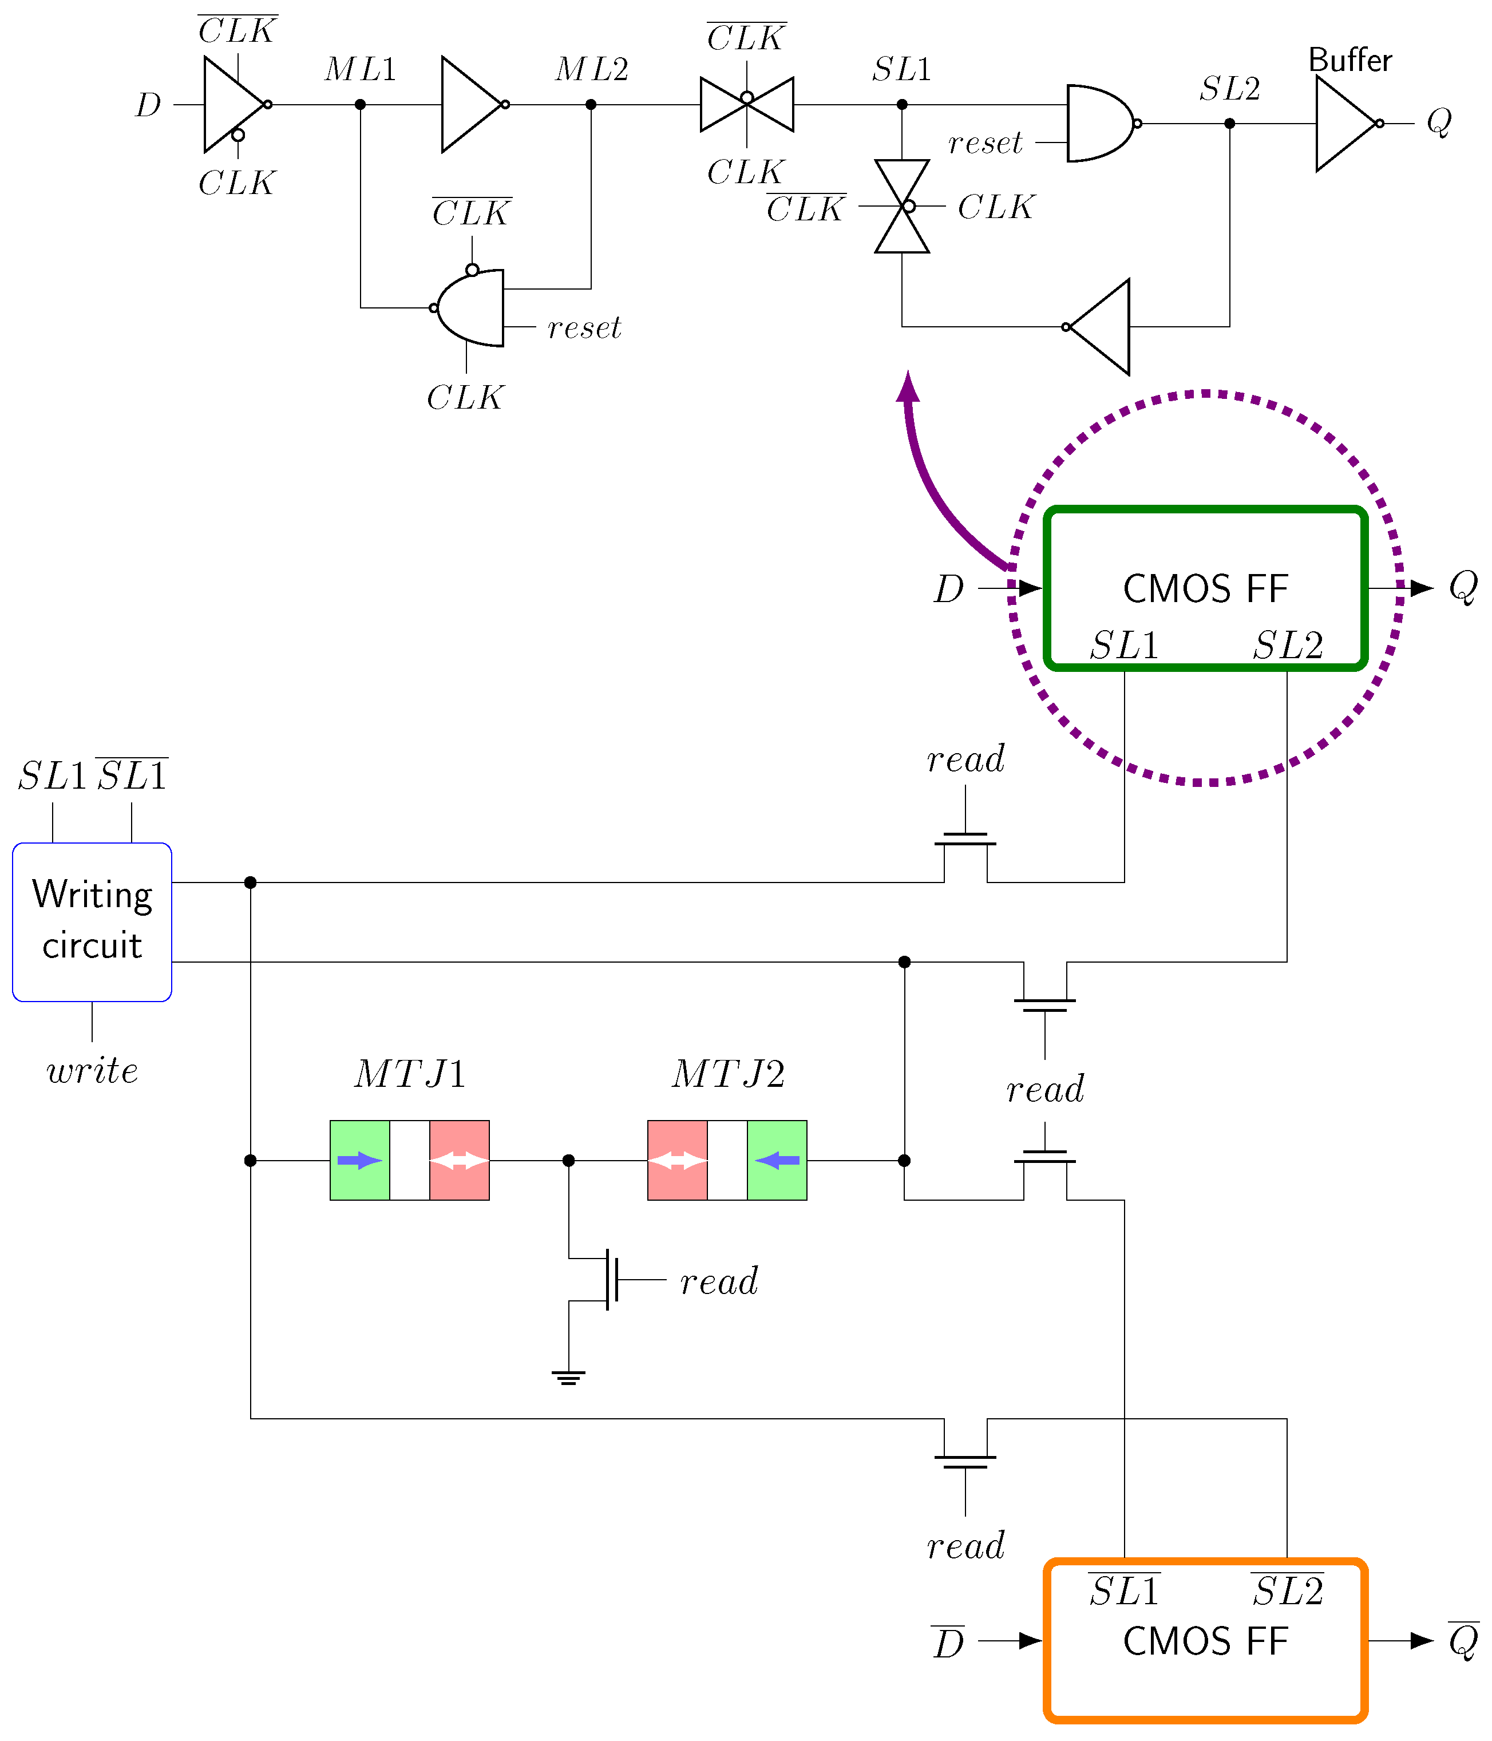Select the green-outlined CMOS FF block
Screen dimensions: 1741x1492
point(1205,588)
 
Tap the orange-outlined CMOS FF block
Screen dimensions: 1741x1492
point(1205,1640)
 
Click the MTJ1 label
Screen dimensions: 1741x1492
point(409,1074)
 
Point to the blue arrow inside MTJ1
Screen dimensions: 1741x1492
point(359,1161)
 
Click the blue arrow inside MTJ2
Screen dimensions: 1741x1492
point(777,1161)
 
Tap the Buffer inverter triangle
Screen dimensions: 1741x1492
point(1344,124)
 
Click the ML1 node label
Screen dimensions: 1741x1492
point(361,69)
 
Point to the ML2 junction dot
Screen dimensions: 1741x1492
point(591,105)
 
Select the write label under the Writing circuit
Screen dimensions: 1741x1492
point(92,1070)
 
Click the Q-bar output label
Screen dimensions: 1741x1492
point(1463,1640)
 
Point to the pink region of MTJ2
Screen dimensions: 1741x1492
point(677,1161)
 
